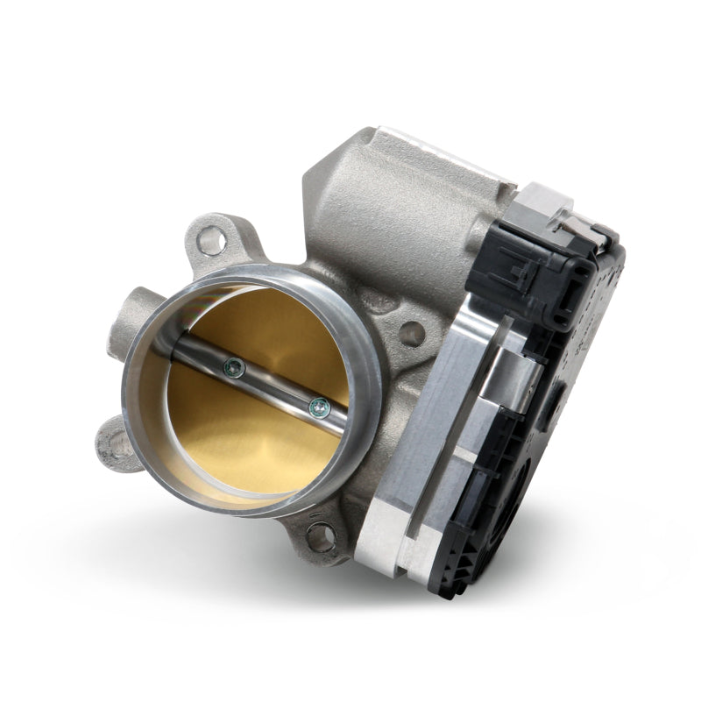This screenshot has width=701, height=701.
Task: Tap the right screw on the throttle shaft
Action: [318, 405]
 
